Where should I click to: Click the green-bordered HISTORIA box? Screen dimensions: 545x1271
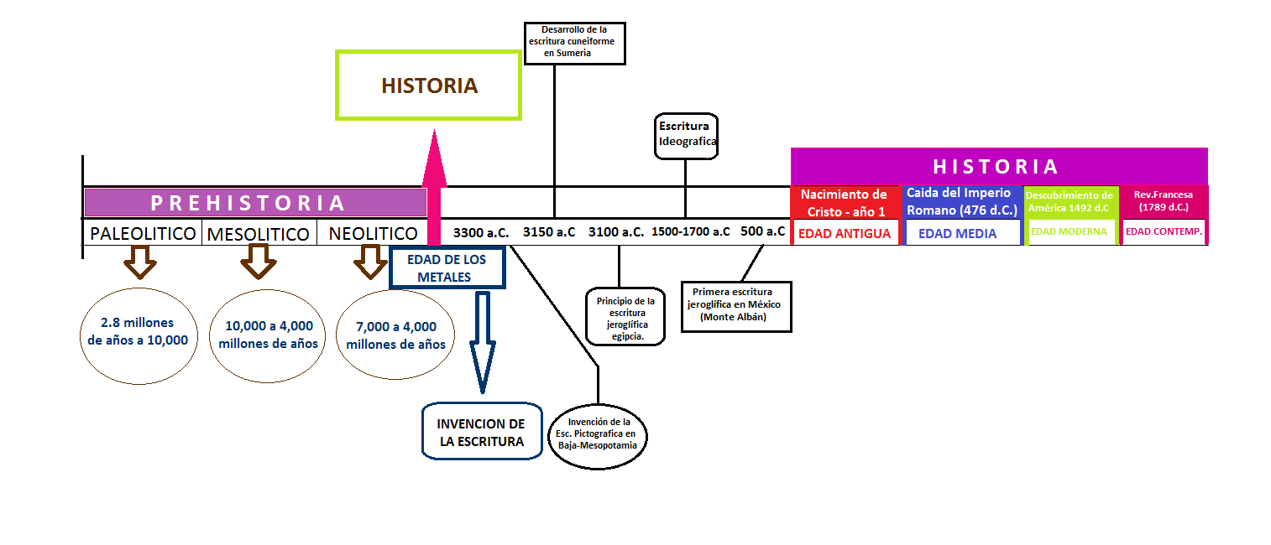pos(429,85)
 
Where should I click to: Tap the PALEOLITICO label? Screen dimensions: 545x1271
pos(144,233)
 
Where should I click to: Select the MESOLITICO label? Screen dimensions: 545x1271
pos(259,234)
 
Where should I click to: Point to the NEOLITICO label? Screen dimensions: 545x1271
pos(374,233)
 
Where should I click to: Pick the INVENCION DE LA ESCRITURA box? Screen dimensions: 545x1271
pos(481,431)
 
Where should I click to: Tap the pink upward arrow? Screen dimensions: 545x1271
pos(434,184)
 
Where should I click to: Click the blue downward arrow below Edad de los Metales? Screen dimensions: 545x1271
pos(482,340)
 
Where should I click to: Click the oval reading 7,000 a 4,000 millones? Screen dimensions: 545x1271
pos(395,335)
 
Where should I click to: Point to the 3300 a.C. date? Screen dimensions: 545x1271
pos(481,232)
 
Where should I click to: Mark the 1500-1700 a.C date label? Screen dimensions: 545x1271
pos(691,232)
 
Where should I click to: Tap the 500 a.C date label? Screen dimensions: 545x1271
pos(763,231)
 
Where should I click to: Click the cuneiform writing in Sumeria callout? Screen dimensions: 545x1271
pos(575,44)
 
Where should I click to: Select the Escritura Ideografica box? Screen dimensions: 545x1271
pos(687,135)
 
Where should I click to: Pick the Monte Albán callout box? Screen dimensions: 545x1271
pos(736,306)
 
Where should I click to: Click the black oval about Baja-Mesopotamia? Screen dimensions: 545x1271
pos(598,433)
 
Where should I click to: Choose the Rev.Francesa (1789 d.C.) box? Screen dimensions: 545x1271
pos(1164,200)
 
